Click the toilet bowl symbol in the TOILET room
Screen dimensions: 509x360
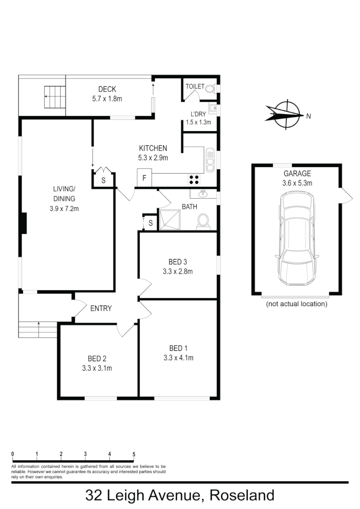[x=210, y=88]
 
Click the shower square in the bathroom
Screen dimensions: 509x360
[x=169, y=220]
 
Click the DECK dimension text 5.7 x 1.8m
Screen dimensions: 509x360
[x=107, y=99]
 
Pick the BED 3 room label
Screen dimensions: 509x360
[x=178, y=261]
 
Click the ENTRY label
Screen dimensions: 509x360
[x=101, y=308]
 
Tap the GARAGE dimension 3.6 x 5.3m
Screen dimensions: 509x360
[x=297, y=183]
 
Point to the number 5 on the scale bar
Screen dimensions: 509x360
[x=134, y=454]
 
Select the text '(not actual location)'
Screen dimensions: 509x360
[x=297, y=304]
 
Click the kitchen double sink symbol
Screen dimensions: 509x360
[x=210, y=160]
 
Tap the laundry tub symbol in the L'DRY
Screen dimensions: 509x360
[x=212, y=109]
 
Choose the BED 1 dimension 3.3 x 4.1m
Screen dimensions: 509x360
[x=178, y=357]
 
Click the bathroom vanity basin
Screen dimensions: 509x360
[x=203, y=194]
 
